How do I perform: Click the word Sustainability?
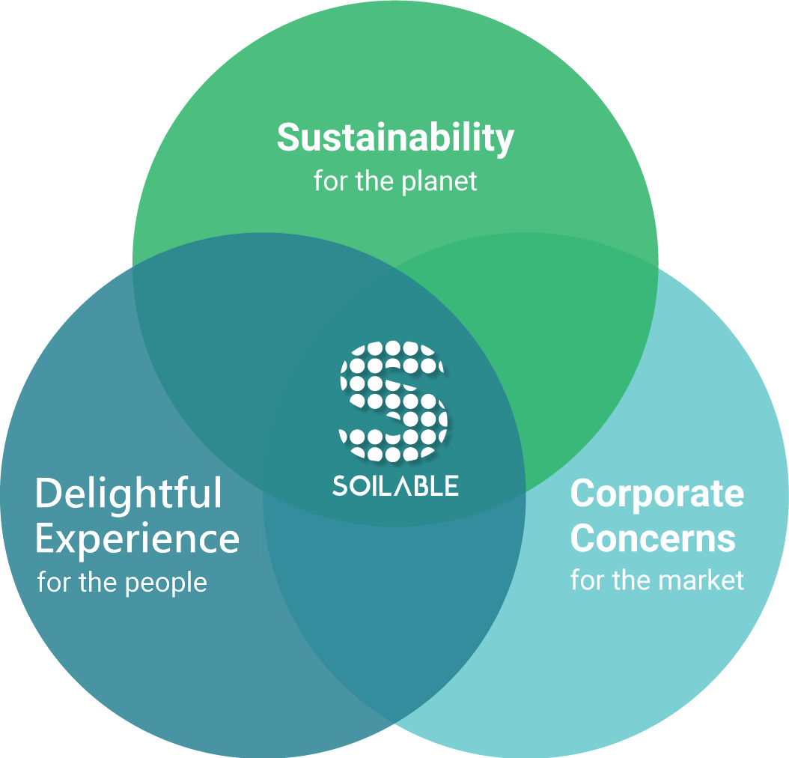pos(395,137)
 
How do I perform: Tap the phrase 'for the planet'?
pos(395,182)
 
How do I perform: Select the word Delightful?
pos(128,495)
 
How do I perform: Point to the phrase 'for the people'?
pos(122,583)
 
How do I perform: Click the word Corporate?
pos(657,495)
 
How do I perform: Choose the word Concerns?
pos(654,538)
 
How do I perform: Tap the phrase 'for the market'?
pos(657,580)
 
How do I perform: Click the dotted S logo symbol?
pos(393,401)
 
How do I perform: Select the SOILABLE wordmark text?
pos(395,485)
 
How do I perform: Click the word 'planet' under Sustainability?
pos(439,182)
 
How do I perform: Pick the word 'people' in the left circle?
pos(165,584)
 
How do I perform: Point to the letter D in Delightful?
pos(48,494)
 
